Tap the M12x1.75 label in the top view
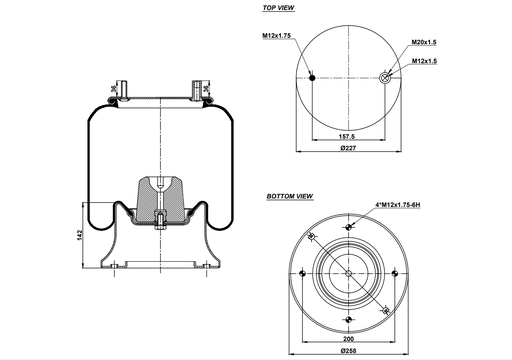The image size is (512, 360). click(x=277, y=36)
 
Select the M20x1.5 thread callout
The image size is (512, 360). click(x=426, y=43)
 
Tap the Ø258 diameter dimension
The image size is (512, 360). click(x=347, y=351)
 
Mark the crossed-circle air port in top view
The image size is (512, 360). click(x=385, y=77)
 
